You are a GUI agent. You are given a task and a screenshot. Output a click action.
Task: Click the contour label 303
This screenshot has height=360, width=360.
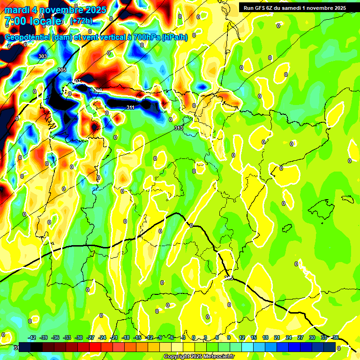(x=43, y=56)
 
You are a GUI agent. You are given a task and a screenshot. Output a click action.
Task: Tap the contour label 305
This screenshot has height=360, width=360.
(x=61, y=70)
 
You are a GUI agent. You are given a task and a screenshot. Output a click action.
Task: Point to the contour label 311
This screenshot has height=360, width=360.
(x=131, y=108)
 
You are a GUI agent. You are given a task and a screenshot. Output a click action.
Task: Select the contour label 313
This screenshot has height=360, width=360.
(x=179, y=128)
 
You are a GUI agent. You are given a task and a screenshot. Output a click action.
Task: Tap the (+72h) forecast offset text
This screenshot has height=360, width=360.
(x=81, y=21)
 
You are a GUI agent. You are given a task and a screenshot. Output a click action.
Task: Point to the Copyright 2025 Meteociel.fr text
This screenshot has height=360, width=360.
(x=198, y=357)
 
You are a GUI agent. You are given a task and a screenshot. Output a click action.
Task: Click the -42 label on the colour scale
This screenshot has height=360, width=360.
(x=32, y=337)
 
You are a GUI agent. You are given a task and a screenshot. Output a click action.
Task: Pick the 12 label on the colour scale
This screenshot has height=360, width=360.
(x=242, y=337)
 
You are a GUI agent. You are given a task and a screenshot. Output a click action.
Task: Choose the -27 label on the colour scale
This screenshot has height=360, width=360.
(x=90, y=337)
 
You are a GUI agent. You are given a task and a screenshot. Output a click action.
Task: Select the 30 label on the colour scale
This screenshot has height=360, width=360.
(x=312, y=337)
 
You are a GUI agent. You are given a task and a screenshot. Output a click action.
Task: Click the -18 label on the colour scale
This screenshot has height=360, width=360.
(x=126, y=337)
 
